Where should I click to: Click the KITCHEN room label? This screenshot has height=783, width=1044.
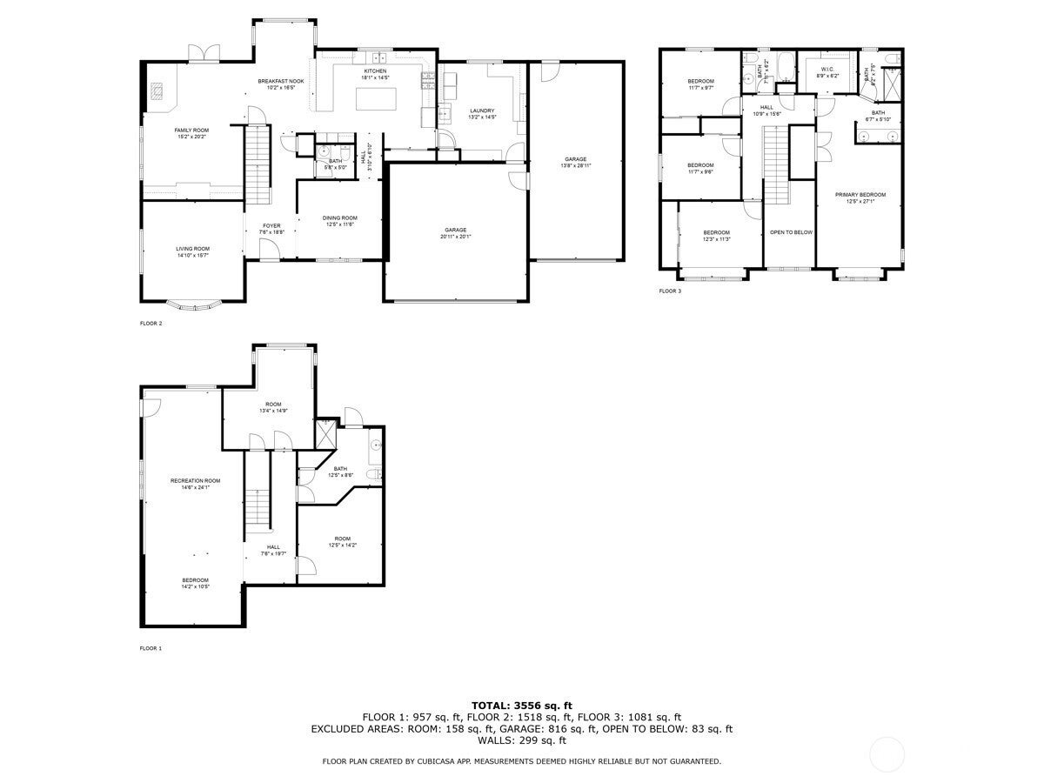click(x=375, y=71)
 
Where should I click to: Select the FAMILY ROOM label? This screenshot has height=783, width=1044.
click(x=191, y=130)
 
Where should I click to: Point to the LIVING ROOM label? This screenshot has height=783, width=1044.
click(x=192, y=249)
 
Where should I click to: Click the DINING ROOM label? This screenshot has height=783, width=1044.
click(x=340, y=218)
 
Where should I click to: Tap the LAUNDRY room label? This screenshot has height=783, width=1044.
click(x=482, y=110)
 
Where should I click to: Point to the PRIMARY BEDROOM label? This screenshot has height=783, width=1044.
click(x=860, y=195)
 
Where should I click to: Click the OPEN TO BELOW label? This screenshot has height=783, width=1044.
click(x=791, y=232)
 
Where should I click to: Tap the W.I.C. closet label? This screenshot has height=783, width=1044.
click(x=827, y=70)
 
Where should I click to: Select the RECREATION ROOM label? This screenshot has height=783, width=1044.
click(x=195, y=481)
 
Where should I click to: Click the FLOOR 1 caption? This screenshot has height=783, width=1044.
click(x=151, y=648)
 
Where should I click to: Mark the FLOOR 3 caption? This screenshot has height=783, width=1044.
click(x=670, y=291)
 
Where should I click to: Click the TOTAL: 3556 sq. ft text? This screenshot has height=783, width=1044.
click(x=522, y=705)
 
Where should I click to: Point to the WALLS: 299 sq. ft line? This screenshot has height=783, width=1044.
click(x=522, y=740)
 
